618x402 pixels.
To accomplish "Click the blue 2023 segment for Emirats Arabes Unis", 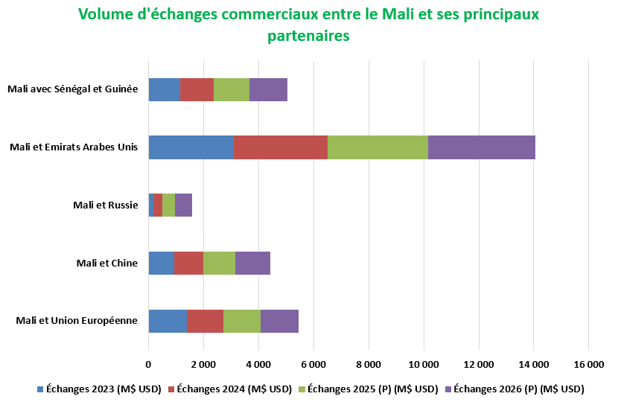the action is tap(191, 147).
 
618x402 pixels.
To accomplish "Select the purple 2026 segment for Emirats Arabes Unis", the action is tap(482, 147).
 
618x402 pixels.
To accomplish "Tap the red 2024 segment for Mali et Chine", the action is tap(189, 263).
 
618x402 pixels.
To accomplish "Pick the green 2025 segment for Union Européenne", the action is tap(242, 321).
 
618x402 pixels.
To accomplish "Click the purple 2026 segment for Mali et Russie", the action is tap(183, 205).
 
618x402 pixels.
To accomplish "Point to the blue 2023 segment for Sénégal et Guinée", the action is tap(165, 90).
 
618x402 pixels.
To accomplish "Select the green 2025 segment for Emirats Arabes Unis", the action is tap(378, 147).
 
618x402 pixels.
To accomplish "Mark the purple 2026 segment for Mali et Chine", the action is tap(252, 263).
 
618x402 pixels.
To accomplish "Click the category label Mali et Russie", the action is tap(106, 205).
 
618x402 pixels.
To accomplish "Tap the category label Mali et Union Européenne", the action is tap(77, 320).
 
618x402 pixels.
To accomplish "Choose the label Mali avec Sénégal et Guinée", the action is tap(73, 89).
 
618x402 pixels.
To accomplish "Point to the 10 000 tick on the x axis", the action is tap(424, 365).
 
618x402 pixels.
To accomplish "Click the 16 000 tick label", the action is tap(589, 365).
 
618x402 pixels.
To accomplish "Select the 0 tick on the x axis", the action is tap(148, 365).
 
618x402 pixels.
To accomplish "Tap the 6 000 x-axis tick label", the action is tap(313, 365).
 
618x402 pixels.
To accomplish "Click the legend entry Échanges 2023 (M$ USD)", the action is tap(99, 389).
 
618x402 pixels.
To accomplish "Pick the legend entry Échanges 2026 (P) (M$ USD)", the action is tap(515, 389).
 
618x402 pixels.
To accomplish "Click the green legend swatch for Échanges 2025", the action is tap(302, 389).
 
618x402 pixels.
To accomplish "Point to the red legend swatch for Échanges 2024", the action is tap(171, 389).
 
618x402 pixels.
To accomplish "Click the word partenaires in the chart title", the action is tap(308, 36).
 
